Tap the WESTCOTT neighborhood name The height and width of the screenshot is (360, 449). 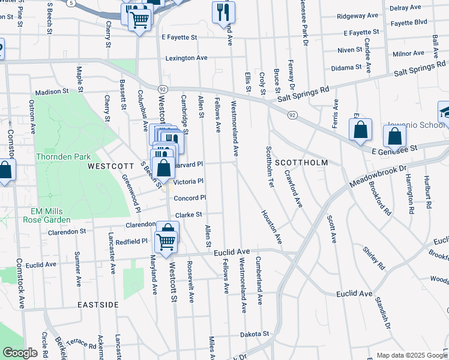pos(109,165)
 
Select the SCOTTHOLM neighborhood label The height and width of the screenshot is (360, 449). pos(301,163)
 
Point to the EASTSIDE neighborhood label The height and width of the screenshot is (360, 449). pos(98,305)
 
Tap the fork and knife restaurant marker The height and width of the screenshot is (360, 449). pos(223,11)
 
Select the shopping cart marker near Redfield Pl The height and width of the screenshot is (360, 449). pos(164,241)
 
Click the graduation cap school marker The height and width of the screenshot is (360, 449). pos(445,112)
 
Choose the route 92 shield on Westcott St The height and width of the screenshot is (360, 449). pos(163,89)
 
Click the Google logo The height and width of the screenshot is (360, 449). pos(20,353)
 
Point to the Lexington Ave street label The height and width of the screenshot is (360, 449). pos(186,58)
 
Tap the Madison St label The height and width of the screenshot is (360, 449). pos(52,92)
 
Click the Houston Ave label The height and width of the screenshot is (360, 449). pos(271,227)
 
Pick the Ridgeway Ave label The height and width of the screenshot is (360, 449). pos(358,16)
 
